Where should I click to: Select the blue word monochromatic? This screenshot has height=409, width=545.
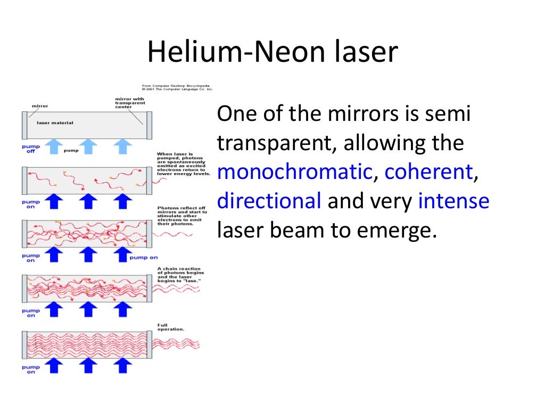(294, 172)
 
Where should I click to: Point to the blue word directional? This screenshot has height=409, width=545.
(269, 201)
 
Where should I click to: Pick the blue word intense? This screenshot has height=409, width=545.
(453, 201)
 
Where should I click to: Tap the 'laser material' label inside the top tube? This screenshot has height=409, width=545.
(55, 122)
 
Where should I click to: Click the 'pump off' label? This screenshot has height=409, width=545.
(30, 148)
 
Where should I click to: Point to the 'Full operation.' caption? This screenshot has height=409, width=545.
(171, 327)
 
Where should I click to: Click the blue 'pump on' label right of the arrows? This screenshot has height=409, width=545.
(143, 257)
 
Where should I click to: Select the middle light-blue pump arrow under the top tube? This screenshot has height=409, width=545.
(88, 145)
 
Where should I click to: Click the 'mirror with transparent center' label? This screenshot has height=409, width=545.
(130, 102)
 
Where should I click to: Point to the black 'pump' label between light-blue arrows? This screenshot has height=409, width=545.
(71, 151)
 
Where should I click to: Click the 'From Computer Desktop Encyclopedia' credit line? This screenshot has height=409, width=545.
(175, 85)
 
